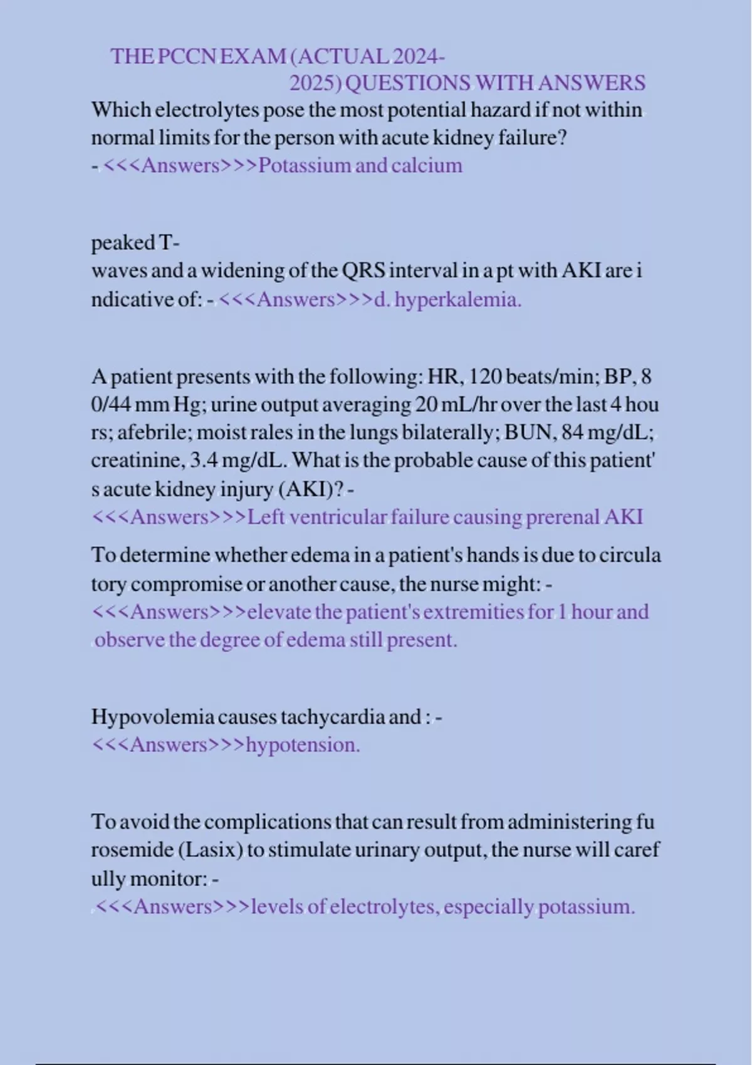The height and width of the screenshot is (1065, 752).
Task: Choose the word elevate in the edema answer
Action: (x=279, y=611)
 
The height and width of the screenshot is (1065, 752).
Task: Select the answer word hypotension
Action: (x=303, y=745)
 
